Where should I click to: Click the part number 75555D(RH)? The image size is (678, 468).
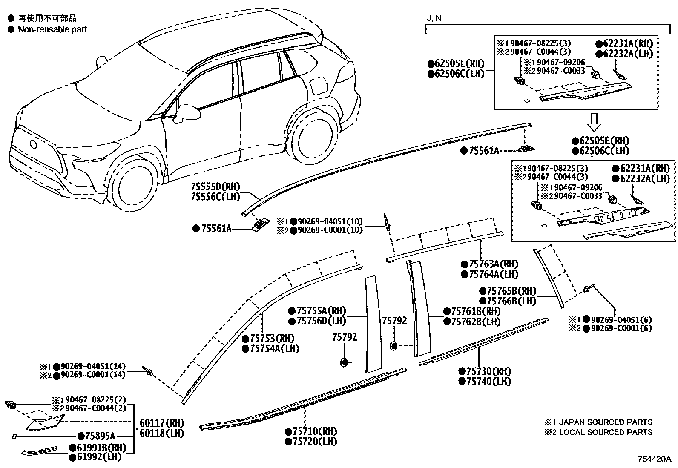(215, 187)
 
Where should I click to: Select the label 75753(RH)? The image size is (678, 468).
(272, 339)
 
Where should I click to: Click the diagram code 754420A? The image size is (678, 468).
(654, 459)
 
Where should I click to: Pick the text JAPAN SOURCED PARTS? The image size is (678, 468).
(605, 422)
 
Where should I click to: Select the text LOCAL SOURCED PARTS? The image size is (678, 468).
(605, 432)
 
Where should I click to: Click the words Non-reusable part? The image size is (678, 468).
(52, 29)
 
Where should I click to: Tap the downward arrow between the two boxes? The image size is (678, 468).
(595, 122)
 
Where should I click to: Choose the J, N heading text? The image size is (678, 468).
(434, 18)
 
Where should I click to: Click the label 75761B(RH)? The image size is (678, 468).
(476, 311)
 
